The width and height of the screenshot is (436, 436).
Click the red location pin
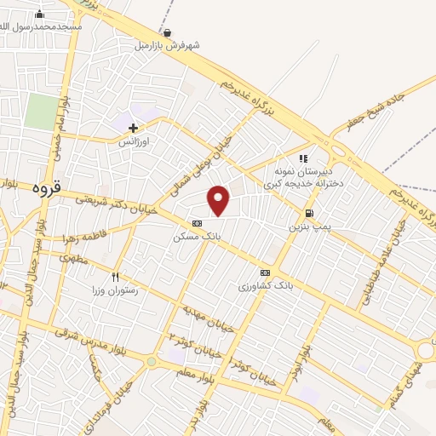pyautogui.click(x=219, y=199)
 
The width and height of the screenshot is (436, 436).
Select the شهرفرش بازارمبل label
pyautogui.click(x=168, y=46)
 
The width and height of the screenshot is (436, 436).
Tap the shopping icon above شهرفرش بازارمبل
pyautogui.click(x=167, y=33)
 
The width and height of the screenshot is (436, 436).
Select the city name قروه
pyautogui.click(x=46, y=186)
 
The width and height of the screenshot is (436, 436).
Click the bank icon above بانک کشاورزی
pyautogui.click(x=264, y=272)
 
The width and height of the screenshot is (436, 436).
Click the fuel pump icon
pyautogui.click(x=308, y=213)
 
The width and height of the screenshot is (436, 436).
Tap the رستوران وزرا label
pyautogui.click(x=116, y=290)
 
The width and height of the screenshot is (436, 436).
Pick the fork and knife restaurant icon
pyautogui.click(x=116, y=277)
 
